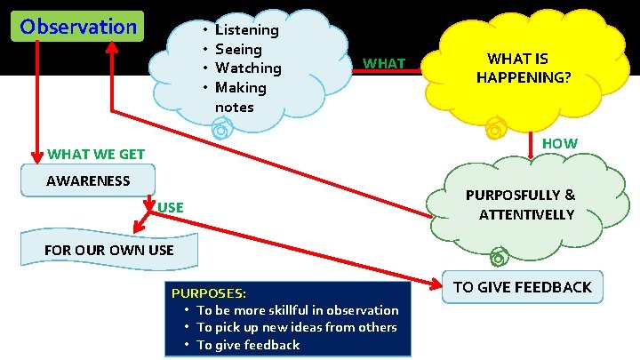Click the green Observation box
[x=79, y=27]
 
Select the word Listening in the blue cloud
[x=246, y=30]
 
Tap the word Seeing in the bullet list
[x=238, y=50]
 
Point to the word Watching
[x=248, y=68]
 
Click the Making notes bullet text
[x=240, y=97]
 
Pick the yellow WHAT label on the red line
[x=385, y=64]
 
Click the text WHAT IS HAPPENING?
[x=524, y=68]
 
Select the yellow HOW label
[x=560, y=144]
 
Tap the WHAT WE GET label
[x=96, y=155]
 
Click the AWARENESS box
[x=88, y=181]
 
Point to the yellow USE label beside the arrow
[x=170, y=208]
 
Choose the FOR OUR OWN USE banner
[x=108, y=250]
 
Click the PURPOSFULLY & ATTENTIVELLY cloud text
[x=521, y=204]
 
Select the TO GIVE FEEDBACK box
[x=522, y=286]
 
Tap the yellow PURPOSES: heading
[x=209, y=292]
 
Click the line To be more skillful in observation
[x=297, y=310]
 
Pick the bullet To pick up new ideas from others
[x=296, y=327]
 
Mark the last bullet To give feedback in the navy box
[x=248, y=345]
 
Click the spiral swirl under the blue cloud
[x=220, y=131]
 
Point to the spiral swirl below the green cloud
[x=498, y=258]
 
